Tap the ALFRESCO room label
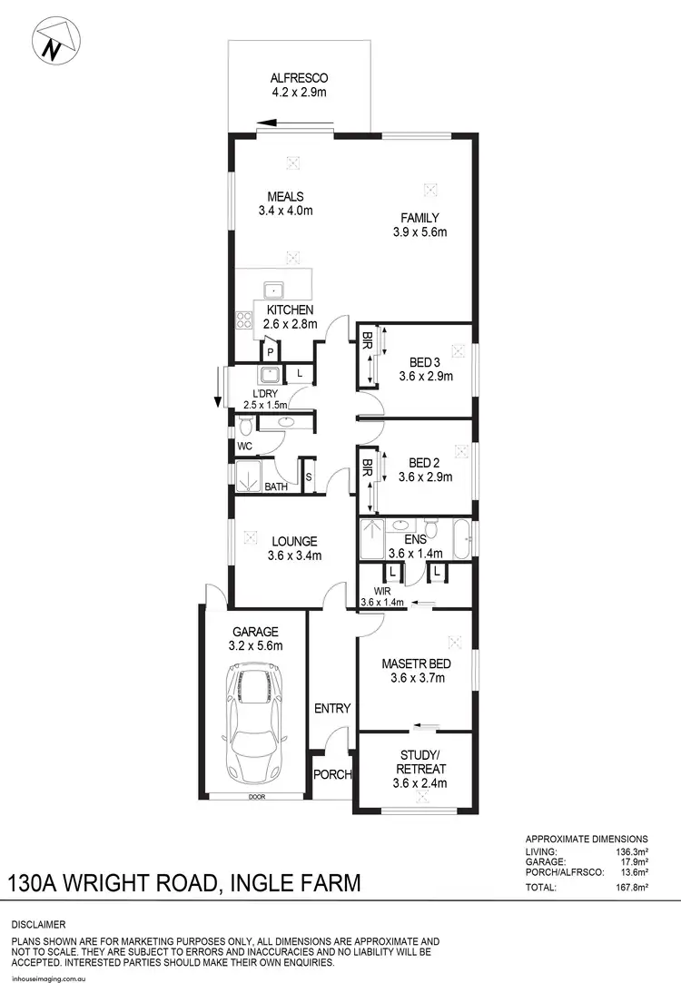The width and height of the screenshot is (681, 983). pos(298,78)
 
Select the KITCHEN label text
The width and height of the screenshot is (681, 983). pos(290,310)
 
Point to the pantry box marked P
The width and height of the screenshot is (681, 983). pos(271,350)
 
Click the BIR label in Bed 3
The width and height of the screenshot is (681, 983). pos(368,342)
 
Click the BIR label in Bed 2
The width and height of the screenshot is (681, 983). pos(368,468)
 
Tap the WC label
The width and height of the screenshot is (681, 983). pos(244,447)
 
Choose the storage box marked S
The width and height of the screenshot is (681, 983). pos(308,477)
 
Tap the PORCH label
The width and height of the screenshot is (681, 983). pos(332,775)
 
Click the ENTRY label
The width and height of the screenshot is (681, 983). pos(332,709)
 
